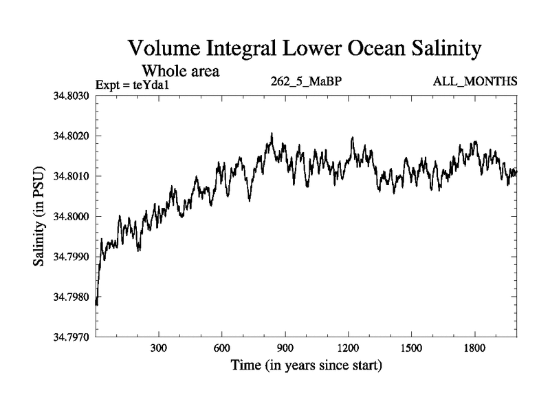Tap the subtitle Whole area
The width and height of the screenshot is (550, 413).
tap(180, 71)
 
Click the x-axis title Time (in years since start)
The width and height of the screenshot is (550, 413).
tap(307, 365)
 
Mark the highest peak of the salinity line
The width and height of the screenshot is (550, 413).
tap(272, 134)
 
